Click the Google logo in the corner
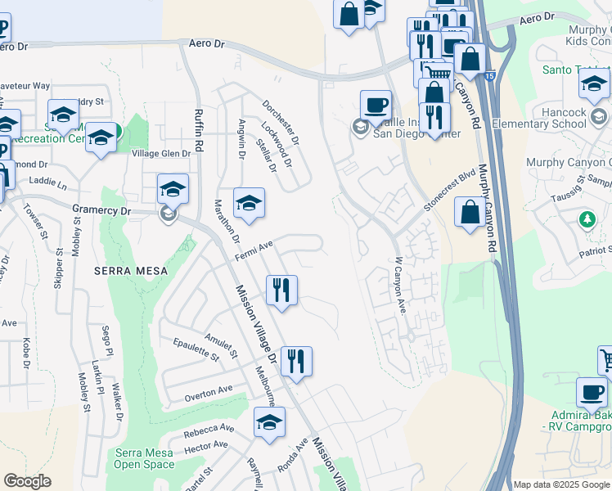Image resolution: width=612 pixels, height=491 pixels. (27, 481)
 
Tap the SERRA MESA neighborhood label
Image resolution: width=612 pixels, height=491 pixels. (130, 271)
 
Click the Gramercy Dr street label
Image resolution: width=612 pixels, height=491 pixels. (101, 210)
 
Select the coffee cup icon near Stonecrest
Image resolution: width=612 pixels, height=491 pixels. (376, 105)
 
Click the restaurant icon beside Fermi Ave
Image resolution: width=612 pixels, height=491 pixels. (281, 289)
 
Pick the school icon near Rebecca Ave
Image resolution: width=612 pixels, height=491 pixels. (269, 421)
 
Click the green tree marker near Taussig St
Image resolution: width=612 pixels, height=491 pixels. (586, 219)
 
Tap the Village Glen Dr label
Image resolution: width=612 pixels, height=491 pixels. (161, 153)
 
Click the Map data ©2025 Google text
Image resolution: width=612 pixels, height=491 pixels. (560, 484)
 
